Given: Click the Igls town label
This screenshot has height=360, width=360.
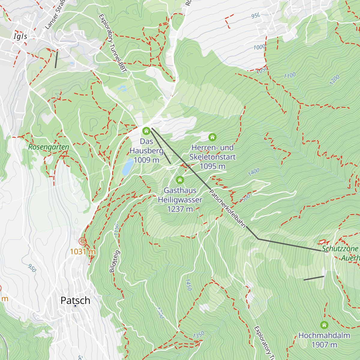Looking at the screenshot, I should point(20,37).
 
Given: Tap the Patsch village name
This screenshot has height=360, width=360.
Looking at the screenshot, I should point(75,300).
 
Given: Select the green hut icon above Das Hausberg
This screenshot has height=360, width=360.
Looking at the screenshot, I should point(146,131).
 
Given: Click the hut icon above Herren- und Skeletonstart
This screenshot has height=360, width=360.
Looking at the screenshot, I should point(212,137).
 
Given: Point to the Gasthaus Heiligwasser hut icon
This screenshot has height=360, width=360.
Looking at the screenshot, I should point(180,180).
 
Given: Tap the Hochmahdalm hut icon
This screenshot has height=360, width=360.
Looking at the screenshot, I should point(324,325).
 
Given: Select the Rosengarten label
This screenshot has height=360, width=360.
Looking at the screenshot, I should point(49,147).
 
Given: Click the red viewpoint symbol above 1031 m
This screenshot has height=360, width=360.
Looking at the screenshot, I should point(82,241).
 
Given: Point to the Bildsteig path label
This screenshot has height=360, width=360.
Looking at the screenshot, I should point(115,261).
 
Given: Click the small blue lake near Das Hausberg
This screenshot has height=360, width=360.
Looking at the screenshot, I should point(128,167).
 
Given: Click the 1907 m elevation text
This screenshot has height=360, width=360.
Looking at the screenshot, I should point(324,345).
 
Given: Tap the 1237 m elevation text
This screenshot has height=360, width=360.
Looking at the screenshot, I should point(180,209).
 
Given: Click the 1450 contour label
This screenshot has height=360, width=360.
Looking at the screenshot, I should point(188,284).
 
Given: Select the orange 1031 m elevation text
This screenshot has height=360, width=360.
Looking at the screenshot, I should point(83,252).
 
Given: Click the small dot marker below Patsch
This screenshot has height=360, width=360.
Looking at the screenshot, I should point(75,306).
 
